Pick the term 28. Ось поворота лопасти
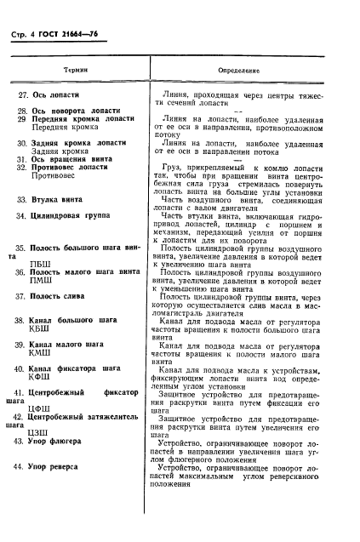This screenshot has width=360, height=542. pyautogui.click(x=78, y=111)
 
